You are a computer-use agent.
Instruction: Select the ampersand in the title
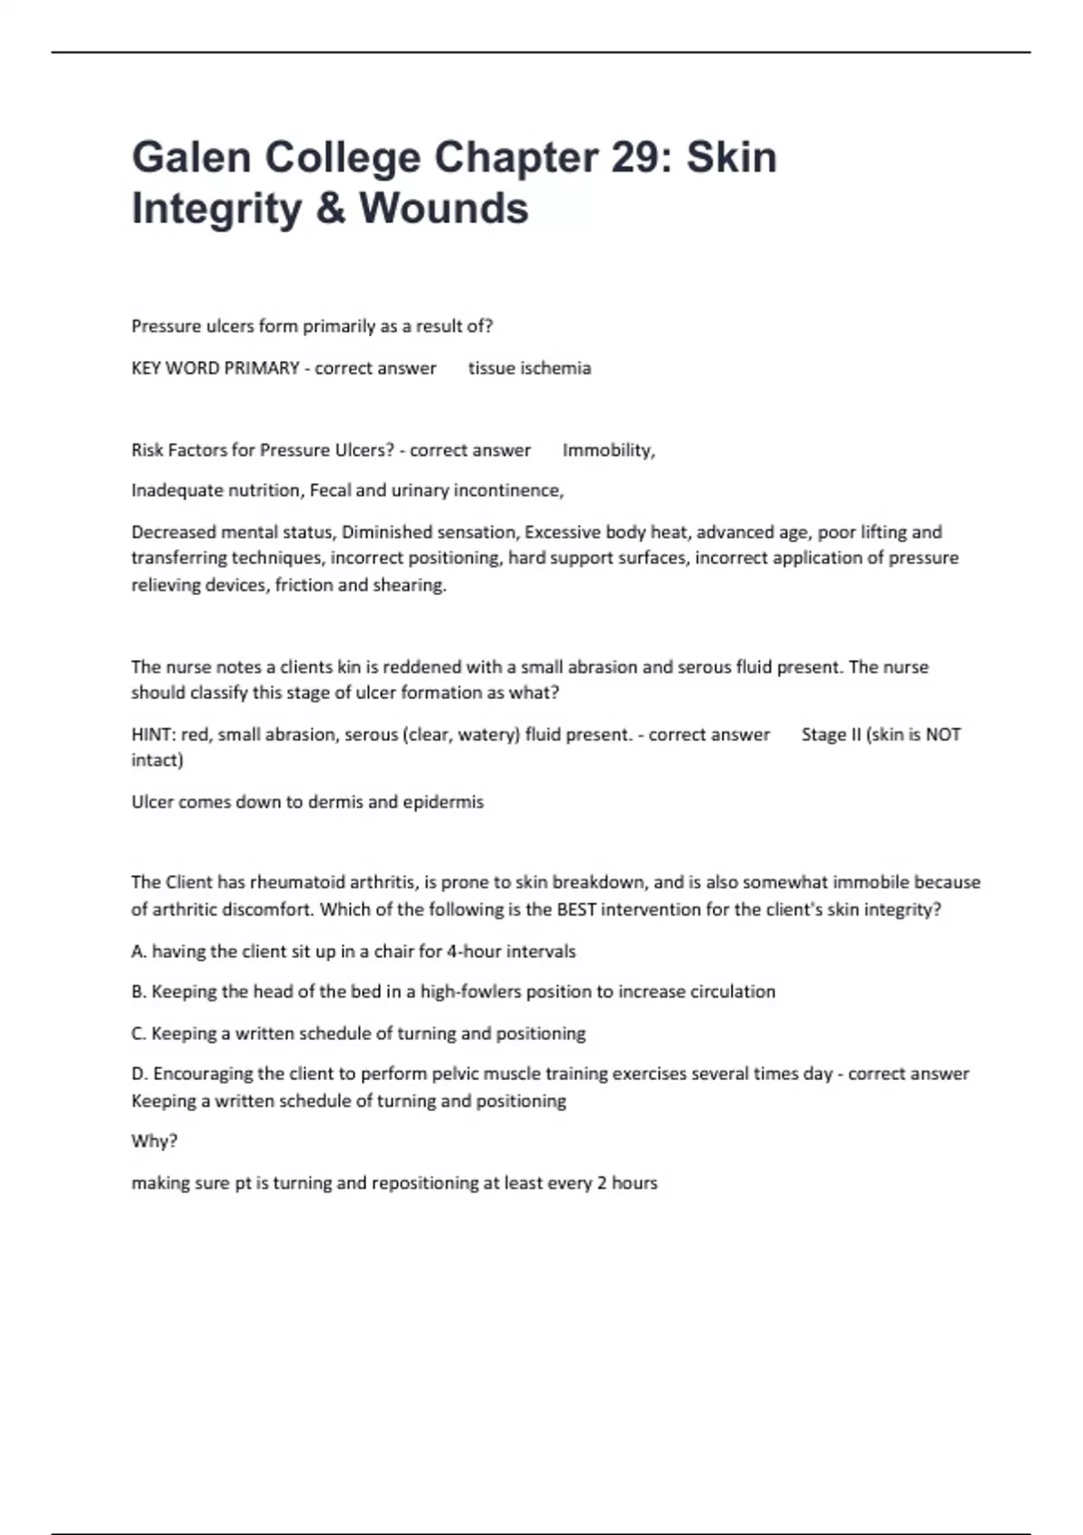point(330,208)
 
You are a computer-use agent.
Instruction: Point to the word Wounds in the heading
point(444,208)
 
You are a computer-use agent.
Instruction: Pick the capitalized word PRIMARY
point(263,368)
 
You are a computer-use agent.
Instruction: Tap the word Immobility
point(608,450)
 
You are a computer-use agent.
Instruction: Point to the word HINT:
point(153,735)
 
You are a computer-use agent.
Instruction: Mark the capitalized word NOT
point(943,735)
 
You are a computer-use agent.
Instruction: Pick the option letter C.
point(138,1033)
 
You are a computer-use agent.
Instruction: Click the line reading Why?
point(154,1141)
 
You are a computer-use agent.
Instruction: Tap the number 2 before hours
point(601,1183)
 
